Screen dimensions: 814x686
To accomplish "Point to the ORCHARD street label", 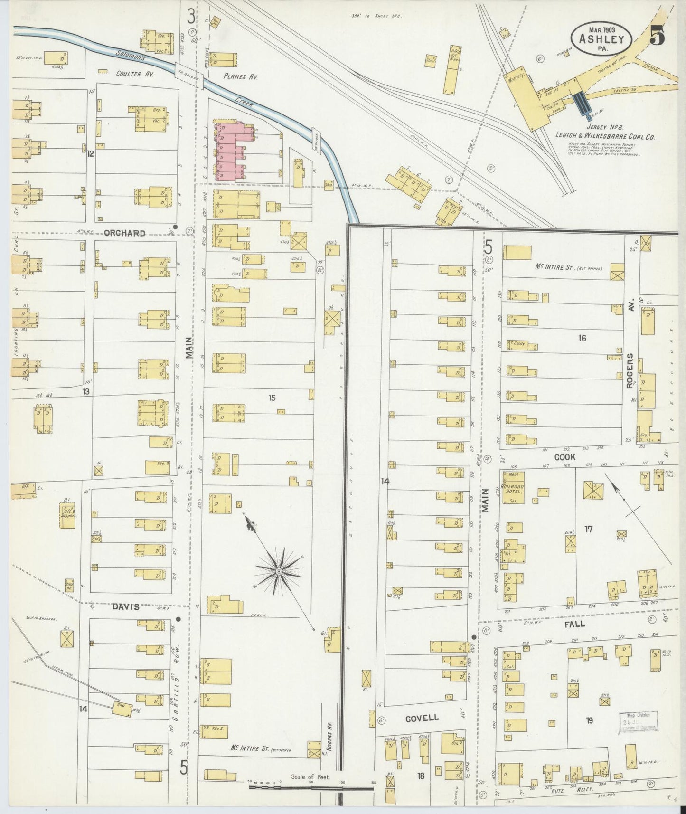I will point(124,233).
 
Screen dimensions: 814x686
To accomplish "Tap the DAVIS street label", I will point(126,606).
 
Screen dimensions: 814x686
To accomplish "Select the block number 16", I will point(582,338).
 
